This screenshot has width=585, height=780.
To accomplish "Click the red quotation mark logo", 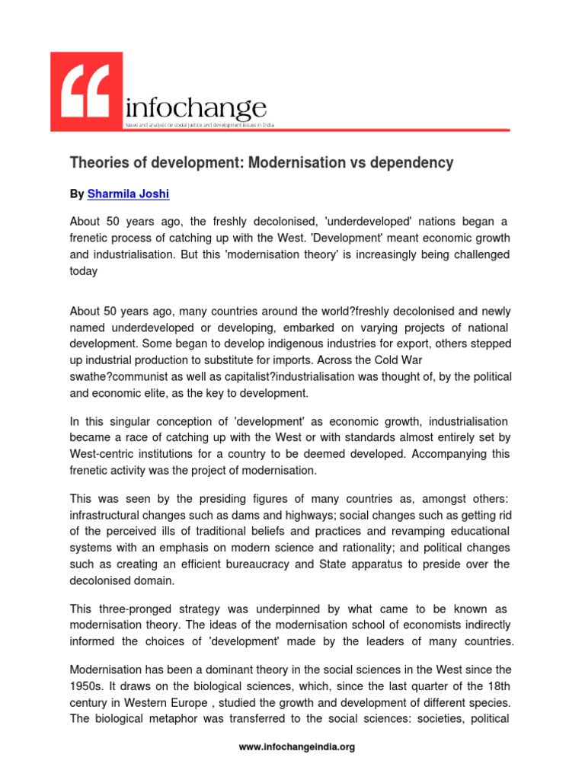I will pos(86,92).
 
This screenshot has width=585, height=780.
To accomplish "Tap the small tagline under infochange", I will pos(200,123).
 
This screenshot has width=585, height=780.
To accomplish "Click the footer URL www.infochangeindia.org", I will pos(297,747).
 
